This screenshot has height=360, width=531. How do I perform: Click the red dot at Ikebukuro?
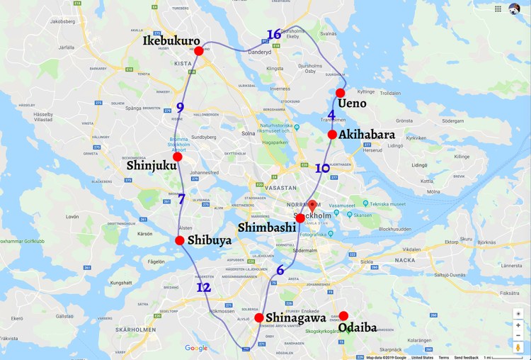point(199,51)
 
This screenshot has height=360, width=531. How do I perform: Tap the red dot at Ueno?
point(341,93)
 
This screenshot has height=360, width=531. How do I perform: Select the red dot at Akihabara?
point(332,135)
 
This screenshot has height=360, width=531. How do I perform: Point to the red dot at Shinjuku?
point(178,157)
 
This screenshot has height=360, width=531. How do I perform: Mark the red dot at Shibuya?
point(180,241)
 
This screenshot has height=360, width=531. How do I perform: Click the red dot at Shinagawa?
point(259,317)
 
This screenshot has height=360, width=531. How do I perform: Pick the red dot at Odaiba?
point(343,316)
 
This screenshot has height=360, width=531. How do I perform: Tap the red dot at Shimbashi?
point(300,218)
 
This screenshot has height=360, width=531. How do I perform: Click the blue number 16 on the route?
point(274,35)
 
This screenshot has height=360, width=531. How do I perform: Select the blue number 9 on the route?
point(180,108)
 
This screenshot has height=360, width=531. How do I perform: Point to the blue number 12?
point(204,288)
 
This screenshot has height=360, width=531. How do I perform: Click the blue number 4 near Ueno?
point(331,115)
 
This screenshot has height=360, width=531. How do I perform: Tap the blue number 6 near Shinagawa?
point(280,270)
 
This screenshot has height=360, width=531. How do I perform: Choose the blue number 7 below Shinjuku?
point(181,200)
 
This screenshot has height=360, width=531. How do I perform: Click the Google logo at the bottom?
point(196,348)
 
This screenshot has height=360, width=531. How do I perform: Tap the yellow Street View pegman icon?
point(518,348)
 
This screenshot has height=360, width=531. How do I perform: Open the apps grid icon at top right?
point(498,9)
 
